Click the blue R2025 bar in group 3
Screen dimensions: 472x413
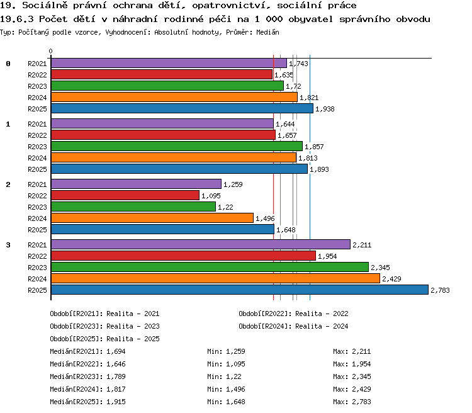pos(240,290)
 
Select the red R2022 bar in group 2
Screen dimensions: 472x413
pos(125,195)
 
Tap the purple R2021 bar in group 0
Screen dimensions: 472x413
pos(169,63)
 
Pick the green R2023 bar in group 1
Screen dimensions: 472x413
pos(177,146)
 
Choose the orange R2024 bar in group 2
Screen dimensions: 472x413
pos(152,218)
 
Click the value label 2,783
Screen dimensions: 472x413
pos(440,290)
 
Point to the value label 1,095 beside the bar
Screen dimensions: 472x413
pos(211,196)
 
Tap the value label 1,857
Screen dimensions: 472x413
pos(314,147)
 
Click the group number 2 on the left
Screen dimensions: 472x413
pos(8,184)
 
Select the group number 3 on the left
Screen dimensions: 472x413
pos(8,245)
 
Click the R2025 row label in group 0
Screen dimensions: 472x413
pos(37,109)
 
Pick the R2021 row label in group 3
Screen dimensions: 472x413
pos(37,245)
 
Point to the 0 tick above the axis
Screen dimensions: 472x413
pos(50,51)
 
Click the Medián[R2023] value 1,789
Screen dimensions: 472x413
pos(116,376)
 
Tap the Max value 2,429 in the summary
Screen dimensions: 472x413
pos(361,389)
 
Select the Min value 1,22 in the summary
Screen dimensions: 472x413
pos(233,376)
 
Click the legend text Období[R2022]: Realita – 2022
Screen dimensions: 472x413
pos(293,314)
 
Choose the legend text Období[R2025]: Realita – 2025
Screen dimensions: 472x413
pos(104,339)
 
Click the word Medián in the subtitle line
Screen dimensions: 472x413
pos(267,32)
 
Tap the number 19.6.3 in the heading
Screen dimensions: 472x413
pos(17,20)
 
